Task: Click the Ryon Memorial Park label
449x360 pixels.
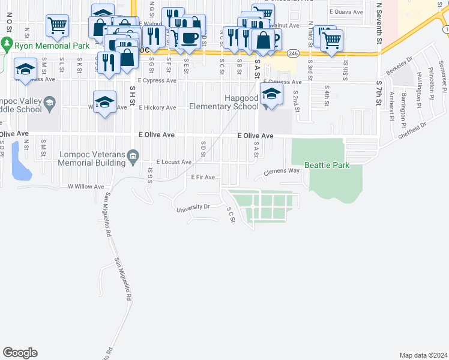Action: coord(52,46)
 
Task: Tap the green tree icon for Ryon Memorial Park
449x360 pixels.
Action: coord(7,44)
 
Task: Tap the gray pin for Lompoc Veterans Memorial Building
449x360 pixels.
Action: coord(133,157)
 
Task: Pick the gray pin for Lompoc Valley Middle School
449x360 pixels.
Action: coord(49,104)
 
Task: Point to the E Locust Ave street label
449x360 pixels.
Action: coord(173,162)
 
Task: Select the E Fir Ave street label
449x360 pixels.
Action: coord(203,177)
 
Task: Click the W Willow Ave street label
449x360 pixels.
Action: coord(86,187)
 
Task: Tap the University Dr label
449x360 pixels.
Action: coord(193,208)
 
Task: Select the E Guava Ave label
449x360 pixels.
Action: coord(346,12)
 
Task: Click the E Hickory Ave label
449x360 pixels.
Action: coord(157,108)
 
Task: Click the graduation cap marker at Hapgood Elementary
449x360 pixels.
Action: coord(271,95)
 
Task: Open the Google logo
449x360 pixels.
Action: coord(20,353)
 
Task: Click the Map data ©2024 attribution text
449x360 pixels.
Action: coord(423,355)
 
